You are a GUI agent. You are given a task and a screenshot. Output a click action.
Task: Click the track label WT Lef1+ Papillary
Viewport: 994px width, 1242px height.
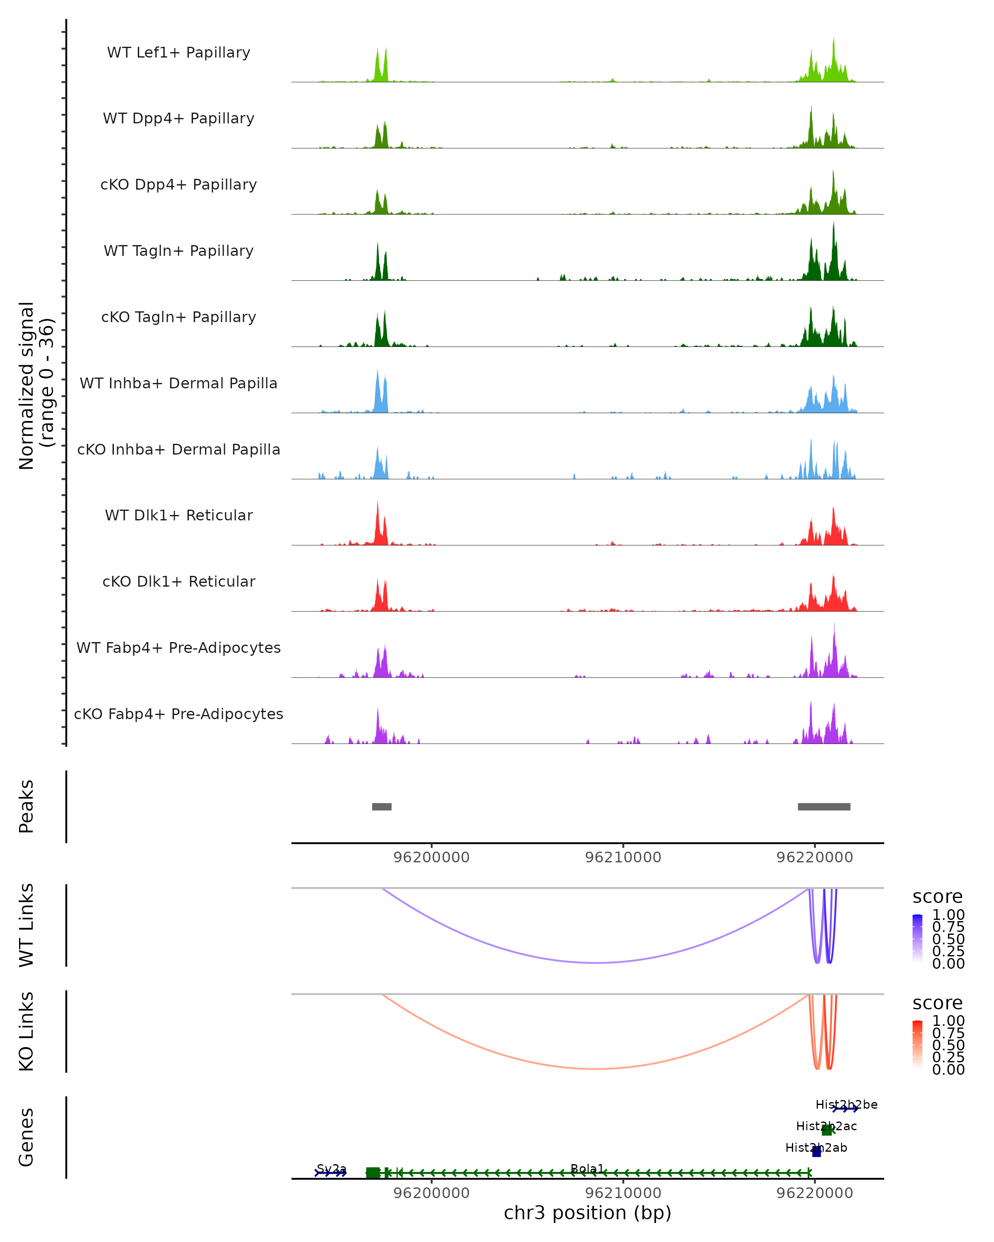(179, 53)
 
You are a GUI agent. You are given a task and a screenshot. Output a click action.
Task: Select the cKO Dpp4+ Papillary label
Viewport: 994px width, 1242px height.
(179, 184)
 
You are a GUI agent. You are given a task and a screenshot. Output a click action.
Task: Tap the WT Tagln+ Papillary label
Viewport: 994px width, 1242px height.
(179, 250)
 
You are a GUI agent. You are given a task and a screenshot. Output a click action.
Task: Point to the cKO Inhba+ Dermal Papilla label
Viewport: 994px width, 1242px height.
(179, 449)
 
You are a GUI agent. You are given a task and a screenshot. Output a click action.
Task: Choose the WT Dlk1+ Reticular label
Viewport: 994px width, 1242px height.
(179, 515)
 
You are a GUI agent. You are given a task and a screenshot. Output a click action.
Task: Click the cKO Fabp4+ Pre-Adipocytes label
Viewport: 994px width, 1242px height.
(179, 714)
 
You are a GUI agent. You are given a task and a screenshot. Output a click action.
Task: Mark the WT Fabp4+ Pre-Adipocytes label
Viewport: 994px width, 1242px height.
(179, 647)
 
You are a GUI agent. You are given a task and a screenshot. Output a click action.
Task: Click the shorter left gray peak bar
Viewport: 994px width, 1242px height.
(381, 806)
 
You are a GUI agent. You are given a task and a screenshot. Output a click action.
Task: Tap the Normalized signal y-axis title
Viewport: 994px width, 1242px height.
(36, 385)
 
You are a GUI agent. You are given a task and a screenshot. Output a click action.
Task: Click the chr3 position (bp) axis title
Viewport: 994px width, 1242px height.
(587, 1213)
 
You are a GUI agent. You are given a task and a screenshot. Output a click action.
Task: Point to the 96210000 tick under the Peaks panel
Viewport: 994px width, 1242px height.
(623, 857)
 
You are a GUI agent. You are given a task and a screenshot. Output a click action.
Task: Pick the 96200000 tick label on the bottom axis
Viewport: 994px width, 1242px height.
(431, 1192)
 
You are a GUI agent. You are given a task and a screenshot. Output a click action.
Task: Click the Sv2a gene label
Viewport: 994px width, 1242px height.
(331, 1168)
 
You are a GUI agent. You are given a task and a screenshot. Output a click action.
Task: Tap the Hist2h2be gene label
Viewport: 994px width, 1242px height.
(846, 1104)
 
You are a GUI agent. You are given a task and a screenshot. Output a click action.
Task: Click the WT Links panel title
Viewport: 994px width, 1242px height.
(27, 925)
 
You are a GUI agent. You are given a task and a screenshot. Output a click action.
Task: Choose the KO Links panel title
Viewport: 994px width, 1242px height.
(27, 1031)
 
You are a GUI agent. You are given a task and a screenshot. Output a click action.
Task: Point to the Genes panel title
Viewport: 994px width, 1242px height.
(27, 1137)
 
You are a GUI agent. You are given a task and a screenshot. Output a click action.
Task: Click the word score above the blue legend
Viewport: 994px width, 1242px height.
(937, 896)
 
